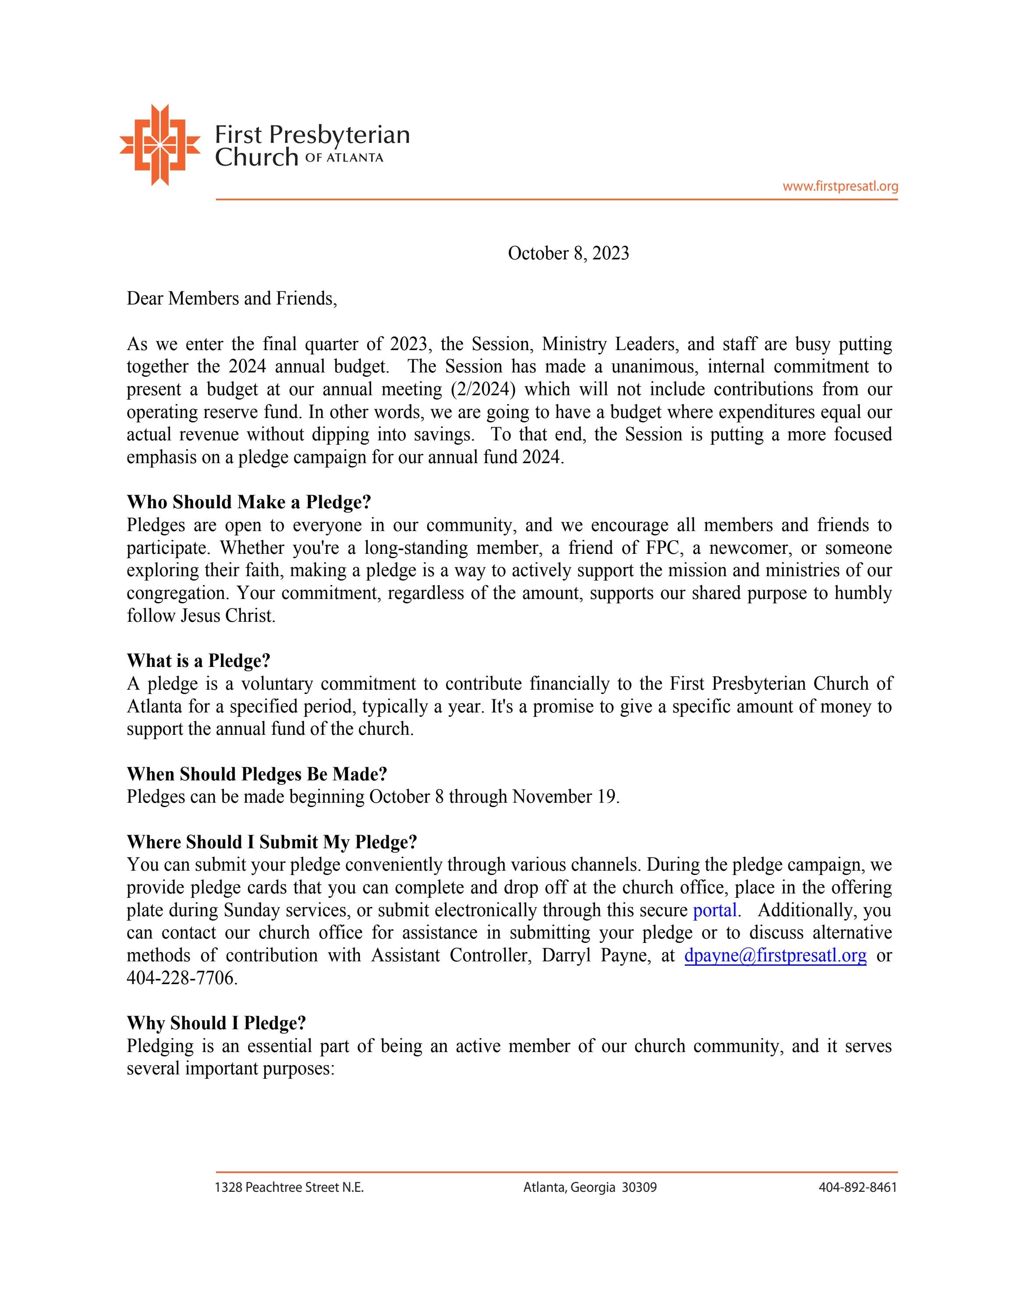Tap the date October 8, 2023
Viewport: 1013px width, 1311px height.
coord(568,253)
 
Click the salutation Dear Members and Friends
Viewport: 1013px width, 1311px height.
coord(232,298)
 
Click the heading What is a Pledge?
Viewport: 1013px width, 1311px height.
coord(198,661)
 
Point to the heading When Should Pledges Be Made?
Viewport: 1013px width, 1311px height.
coord(256,774)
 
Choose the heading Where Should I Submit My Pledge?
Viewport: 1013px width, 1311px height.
coord(271,842)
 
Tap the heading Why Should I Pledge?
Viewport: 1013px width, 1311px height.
coord(216,1023)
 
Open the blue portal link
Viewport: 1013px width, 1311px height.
coord(714,911)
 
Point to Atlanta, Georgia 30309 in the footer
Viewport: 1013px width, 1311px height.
coord(589,1187)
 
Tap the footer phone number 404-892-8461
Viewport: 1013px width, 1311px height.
coord(857,1187)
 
